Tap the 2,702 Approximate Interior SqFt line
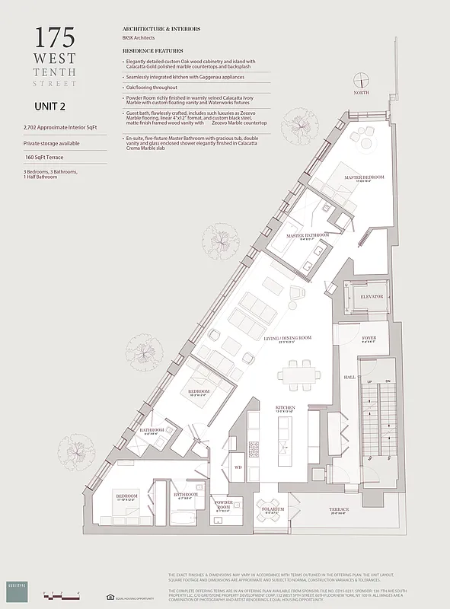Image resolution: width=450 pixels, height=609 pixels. [61, 128]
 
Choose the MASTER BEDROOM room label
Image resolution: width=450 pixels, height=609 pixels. [363, 177]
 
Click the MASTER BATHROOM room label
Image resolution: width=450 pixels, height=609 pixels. [308, 236]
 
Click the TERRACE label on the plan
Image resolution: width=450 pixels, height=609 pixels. [339, 509]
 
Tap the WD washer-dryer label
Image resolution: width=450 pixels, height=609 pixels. [238, 467]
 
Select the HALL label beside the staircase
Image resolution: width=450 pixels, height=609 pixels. [349, 377]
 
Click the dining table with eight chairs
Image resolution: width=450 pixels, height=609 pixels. [298, 374]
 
